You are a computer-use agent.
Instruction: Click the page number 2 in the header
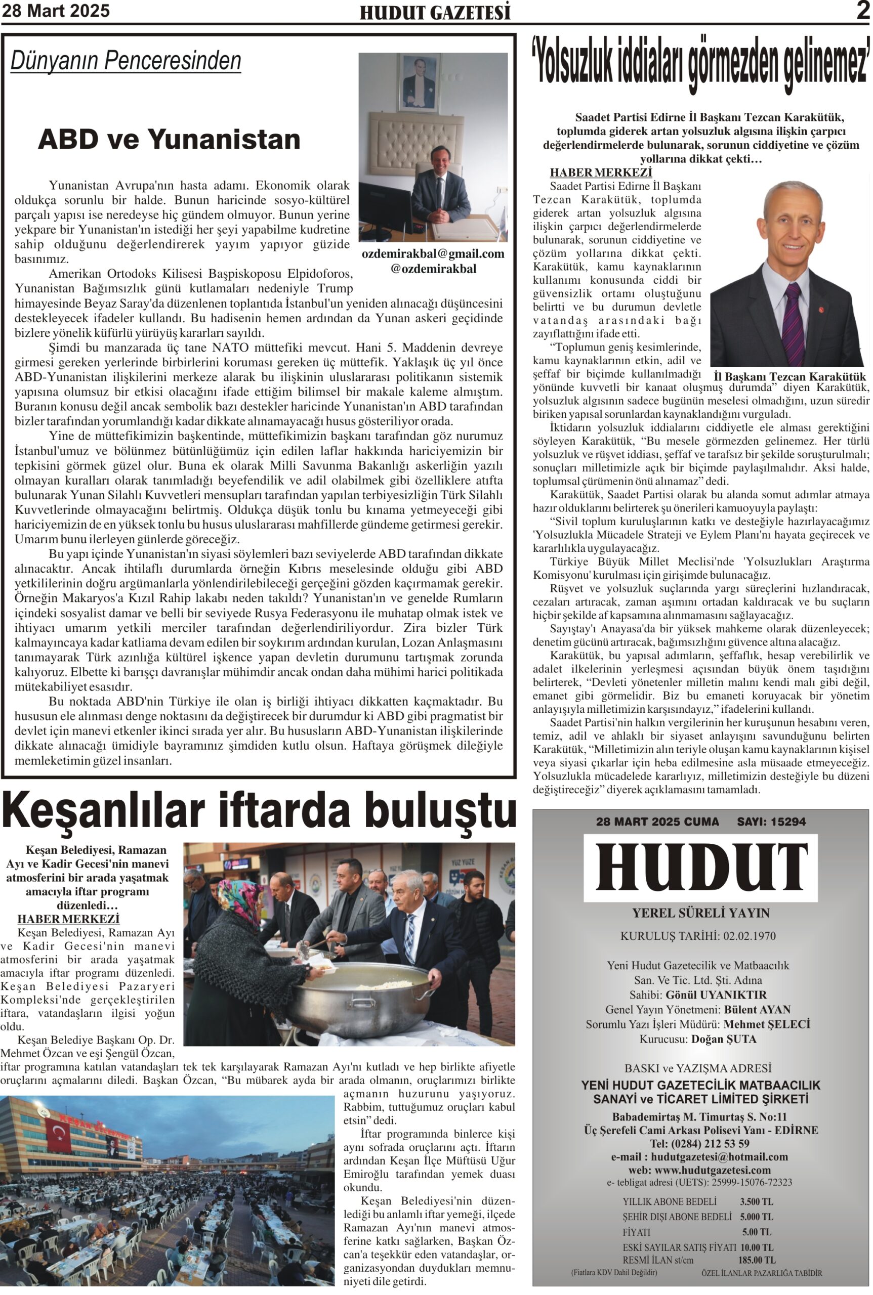click(862, 11)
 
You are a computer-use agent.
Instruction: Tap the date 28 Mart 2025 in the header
click(56, 11)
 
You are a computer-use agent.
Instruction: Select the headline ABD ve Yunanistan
click(169, 140)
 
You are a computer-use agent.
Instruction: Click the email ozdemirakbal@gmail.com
click(433, 254)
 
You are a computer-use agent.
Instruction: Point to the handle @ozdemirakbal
click(433, 269)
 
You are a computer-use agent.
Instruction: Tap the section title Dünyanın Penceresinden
click(126, 61)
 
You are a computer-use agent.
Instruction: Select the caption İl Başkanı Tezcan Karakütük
click(789, 377)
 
